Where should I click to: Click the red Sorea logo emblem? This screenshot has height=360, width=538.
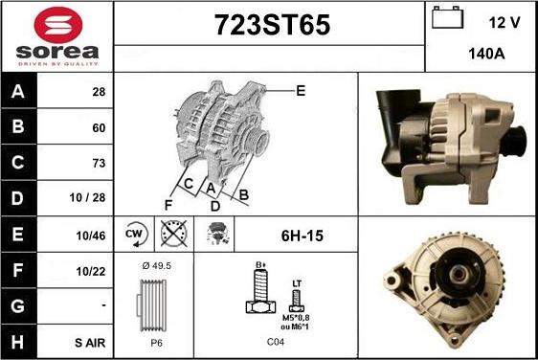(58, 25)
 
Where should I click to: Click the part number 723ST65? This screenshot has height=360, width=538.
(272, 25)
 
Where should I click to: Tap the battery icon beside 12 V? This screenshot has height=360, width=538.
(447, 17)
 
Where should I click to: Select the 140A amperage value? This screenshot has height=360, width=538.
(486, 54)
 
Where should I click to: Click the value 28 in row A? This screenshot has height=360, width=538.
(99, 92)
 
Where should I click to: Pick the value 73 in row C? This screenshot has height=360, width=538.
(99, 163)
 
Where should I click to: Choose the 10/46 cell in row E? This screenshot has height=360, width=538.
(91, 236)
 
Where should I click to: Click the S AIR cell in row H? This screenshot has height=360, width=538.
(90, 343)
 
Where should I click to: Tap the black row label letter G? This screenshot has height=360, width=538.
(17, 306)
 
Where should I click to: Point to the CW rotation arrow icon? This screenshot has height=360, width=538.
(135, 234)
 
